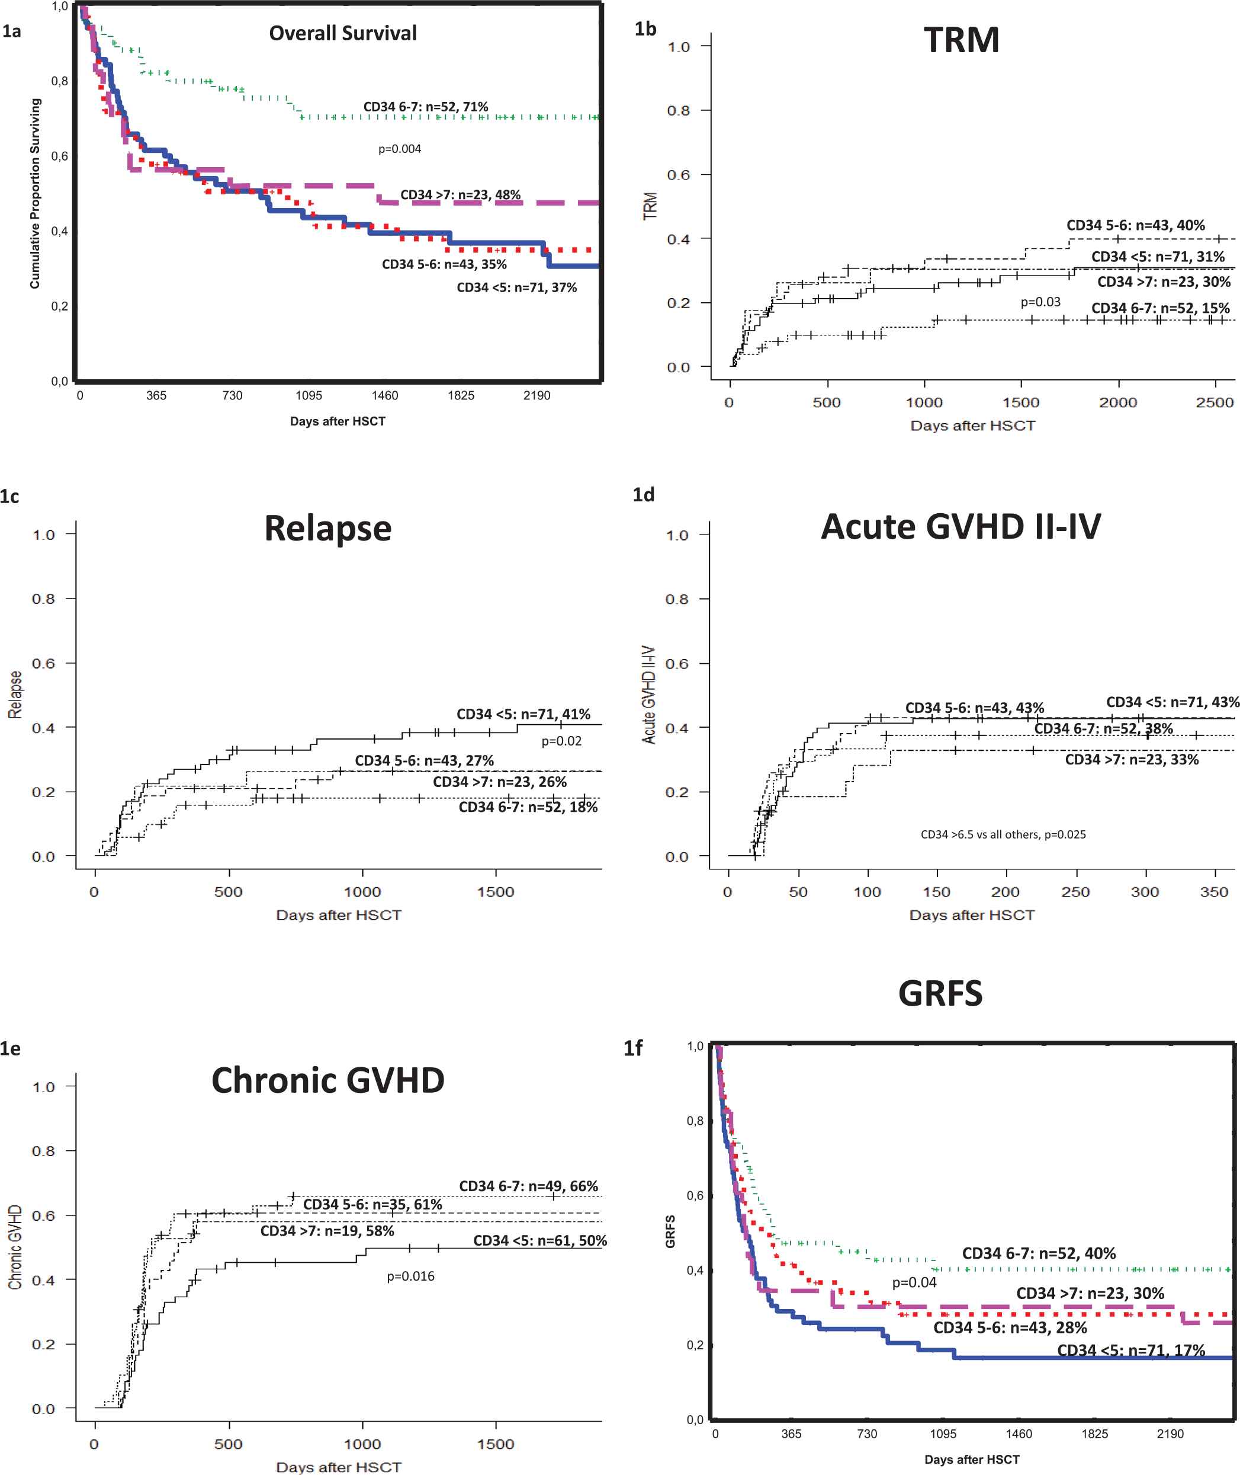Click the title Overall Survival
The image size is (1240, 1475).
(x=342, y=33)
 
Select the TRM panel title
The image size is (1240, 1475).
(x=961, y=40)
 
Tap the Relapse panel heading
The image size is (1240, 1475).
(x=327, y=528)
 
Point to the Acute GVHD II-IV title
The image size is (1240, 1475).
(x=960, y=526)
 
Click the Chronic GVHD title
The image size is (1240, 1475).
(x=327, y=1080)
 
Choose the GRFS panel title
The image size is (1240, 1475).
(x=940, y=993)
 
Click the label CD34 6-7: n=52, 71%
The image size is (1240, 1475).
(x=425, y=107)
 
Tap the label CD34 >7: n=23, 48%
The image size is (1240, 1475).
(x=461, y=195)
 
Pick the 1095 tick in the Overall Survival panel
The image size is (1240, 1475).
(x=309, y=395)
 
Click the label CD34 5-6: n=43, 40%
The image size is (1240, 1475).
(x=1135, y=225)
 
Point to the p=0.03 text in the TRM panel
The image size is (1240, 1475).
(x=1040, y=302)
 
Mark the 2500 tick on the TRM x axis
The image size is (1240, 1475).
(x=1214, y=403)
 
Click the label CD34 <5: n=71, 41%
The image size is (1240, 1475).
(x=523, y=714)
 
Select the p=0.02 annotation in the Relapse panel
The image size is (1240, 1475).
(x=561, y=741)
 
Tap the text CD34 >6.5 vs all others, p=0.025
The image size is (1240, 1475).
(x=1003, y=834)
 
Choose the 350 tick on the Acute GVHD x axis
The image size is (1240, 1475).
(x=1213, y=892)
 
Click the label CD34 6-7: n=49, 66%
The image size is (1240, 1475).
(x=528, y=1186)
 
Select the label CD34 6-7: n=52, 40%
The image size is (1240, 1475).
(x=1038, y=1253)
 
